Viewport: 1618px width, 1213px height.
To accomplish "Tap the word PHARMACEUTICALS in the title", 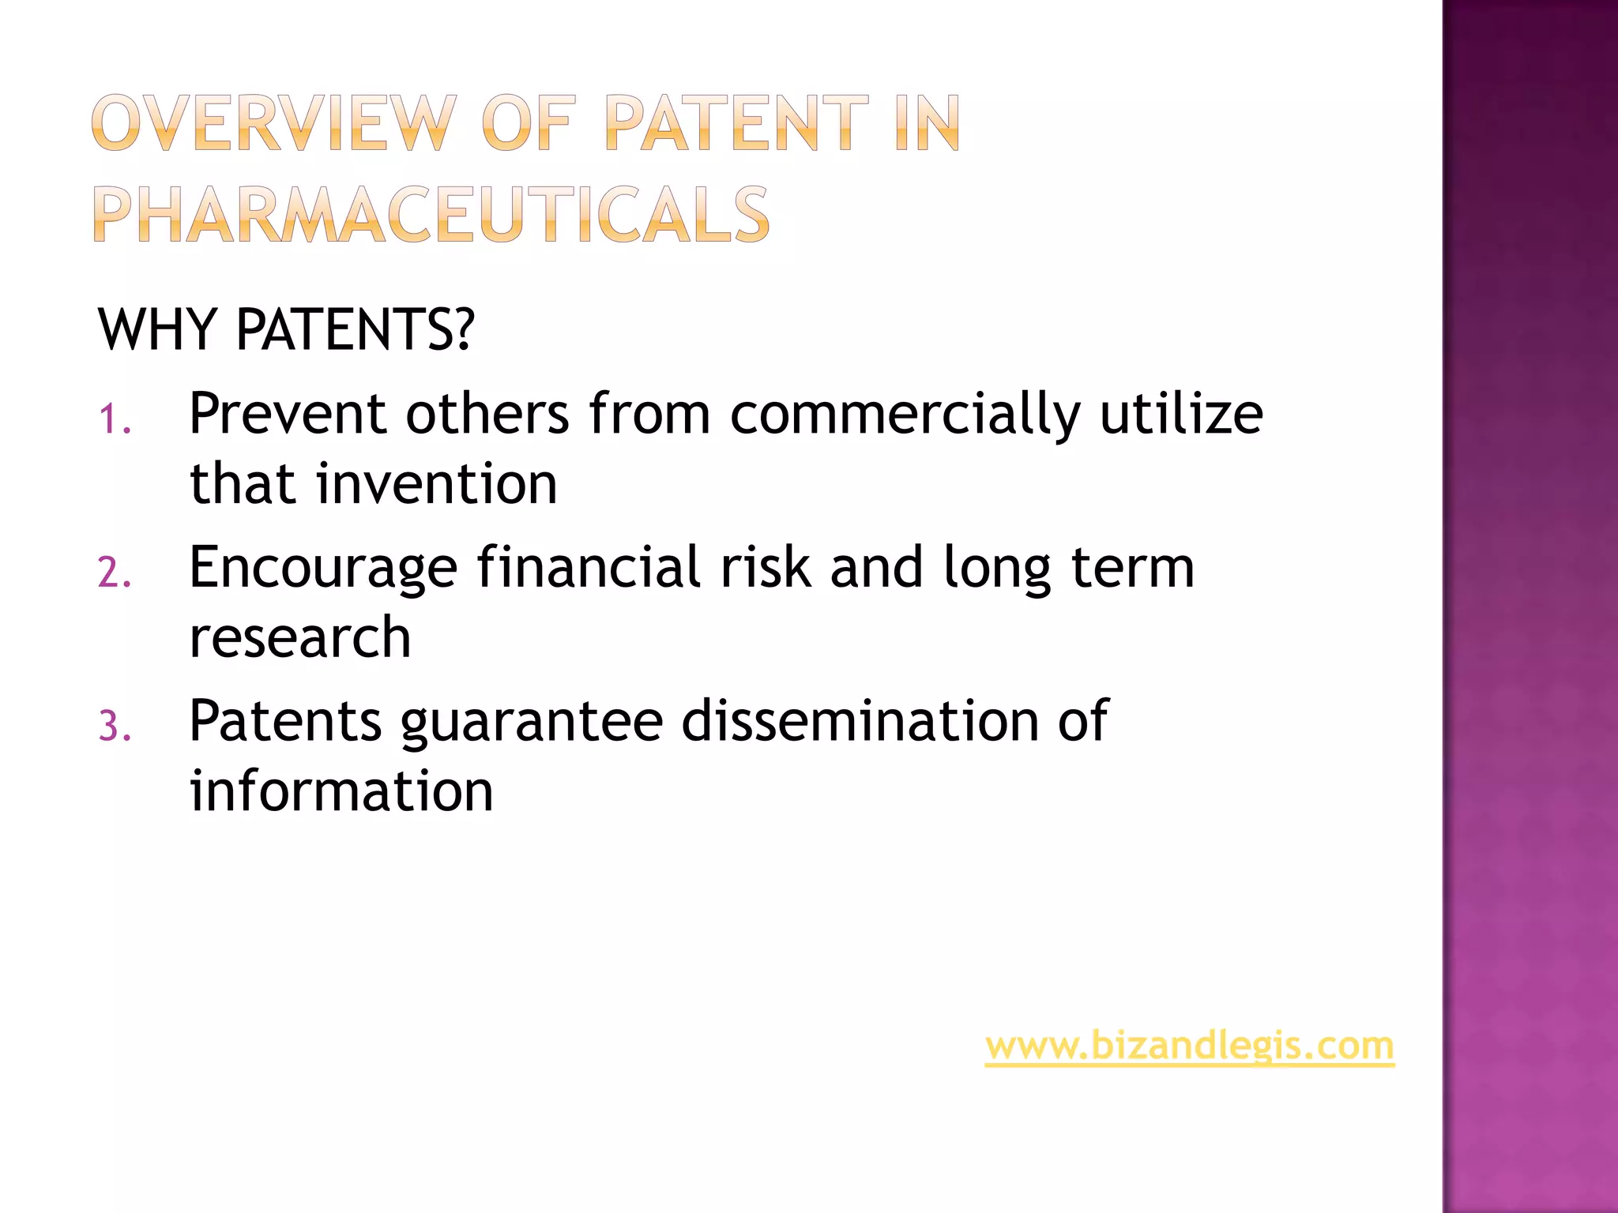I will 431,215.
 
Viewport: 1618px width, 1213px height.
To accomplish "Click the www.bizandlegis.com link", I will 1189,1046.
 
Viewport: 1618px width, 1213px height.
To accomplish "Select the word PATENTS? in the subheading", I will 355,329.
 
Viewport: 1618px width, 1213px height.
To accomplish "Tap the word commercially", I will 905,415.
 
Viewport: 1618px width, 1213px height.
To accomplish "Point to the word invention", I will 437,483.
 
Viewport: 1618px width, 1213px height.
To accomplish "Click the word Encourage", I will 323,569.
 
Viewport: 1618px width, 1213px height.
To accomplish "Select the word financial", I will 589,567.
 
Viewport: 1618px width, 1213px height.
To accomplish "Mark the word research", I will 300,637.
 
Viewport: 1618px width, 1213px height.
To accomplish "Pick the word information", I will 341,791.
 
